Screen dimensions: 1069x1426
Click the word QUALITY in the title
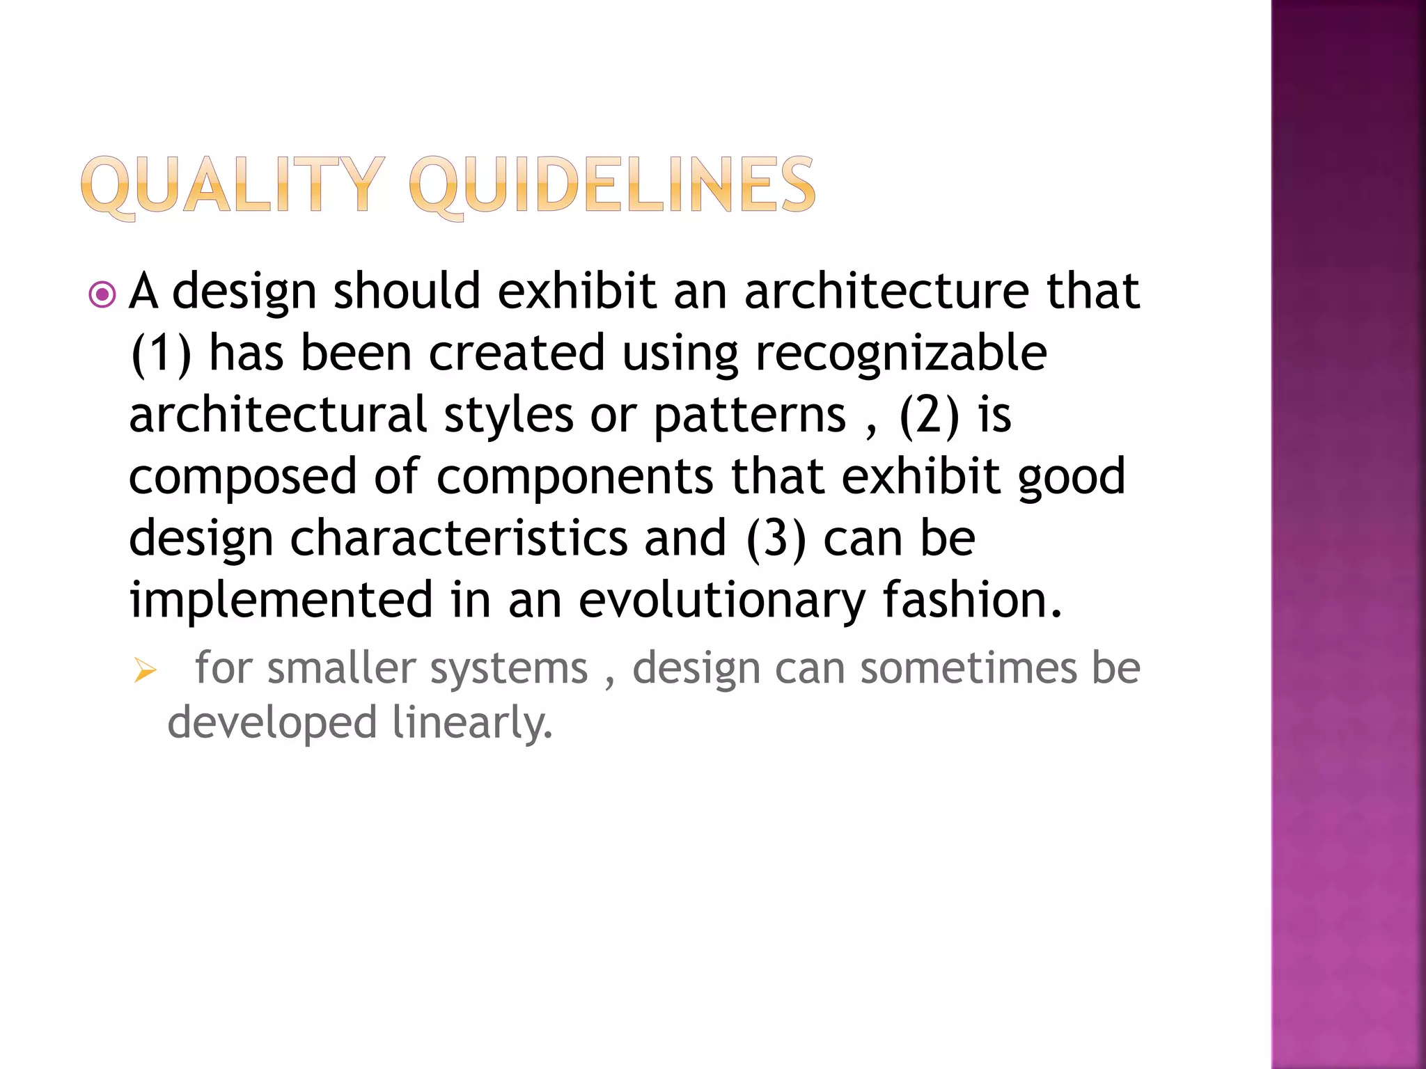point(233,184)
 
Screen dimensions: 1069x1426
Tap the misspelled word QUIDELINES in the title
point(612,184)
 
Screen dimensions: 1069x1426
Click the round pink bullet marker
point(103,294)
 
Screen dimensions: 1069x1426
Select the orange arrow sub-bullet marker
point(146,671)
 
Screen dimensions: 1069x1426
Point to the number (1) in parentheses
point(161,354)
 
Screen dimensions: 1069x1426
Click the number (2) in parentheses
point(930,415)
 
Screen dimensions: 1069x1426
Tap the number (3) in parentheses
point(776,539)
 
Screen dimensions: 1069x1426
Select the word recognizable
point(901,354)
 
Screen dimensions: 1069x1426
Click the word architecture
point(886,291)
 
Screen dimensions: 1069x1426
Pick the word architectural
point(278,415)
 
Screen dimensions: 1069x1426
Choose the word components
point(574,477)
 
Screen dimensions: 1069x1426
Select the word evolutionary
point(721,601)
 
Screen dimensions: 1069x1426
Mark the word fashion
point(972,600)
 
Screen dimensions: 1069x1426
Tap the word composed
point(243,477)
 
